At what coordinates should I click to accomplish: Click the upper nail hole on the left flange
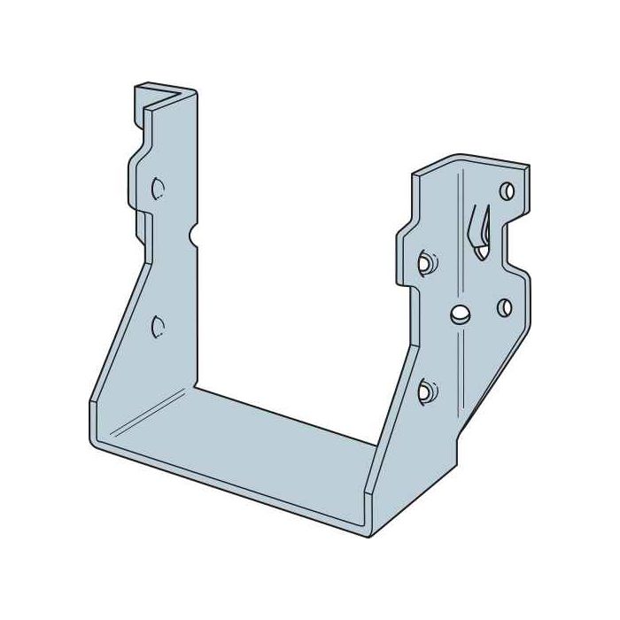pos(157,189)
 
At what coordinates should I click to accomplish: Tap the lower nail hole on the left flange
pos(157,326)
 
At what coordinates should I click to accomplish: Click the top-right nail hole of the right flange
pos(507,190)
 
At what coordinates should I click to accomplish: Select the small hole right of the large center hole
pos(505,306)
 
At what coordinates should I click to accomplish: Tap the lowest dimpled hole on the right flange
pos(425,388)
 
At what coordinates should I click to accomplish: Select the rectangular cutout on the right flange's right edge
pos(514,239)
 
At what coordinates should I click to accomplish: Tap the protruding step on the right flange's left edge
pos(403,239)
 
